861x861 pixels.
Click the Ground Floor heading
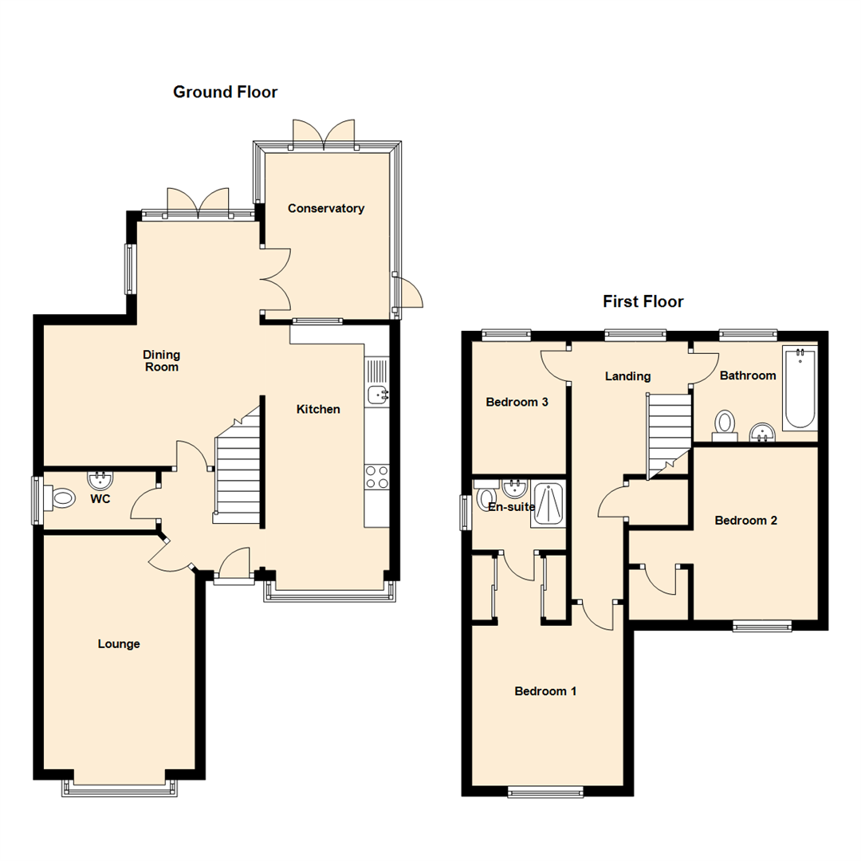coord(226,92)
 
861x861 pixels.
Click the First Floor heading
coord(643,302)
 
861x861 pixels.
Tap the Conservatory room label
coord(325,209)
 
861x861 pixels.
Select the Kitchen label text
coord(318,410)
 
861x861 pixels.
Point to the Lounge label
coord(119,644)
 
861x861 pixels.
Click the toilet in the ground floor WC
coord(60,499)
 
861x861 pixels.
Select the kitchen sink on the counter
coord(377,393)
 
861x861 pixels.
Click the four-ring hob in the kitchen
coord(376,477)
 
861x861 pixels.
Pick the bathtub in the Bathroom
coord(799,388)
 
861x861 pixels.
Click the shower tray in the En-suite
coord(548,505)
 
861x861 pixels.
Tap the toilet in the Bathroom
coord(725,423)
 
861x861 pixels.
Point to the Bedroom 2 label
coord(745,521)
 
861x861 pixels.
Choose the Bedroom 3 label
coord(517,403)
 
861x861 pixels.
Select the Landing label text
coord(627,376)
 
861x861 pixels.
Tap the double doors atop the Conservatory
coord(324,134)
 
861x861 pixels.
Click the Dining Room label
coord(161,361)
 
